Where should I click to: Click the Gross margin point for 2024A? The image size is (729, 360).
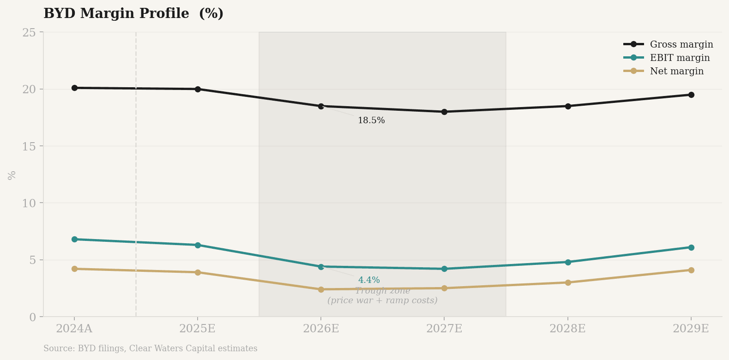(x=74, y=88)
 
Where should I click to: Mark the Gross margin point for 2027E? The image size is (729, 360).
(x=444, y=112)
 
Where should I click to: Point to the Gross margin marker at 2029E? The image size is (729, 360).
(x=691, y=95)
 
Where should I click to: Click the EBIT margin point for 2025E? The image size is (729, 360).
(x=198, y=245)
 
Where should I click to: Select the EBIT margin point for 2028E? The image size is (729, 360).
(x=568, y=262)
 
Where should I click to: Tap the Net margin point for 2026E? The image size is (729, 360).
(x=321, y=289)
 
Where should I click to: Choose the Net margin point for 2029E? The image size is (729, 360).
(x=691, y=270)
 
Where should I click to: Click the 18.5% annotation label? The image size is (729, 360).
(x=371, y=120)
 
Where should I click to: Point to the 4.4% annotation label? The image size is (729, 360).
(x=369, y=280)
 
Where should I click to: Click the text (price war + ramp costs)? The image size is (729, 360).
(x=382, y=300)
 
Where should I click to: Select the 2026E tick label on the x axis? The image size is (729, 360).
(x=321, y=329)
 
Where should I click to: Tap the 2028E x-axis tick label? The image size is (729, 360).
(x=567, y=329)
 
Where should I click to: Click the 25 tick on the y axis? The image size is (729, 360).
(x=29, y=32)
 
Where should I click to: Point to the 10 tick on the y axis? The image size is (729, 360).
(x=29, y=203)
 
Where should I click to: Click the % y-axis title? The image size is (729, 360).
(x=12, y=175)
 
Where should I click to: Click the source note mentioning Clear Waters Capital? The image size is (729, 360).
(x=150, y=348)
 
